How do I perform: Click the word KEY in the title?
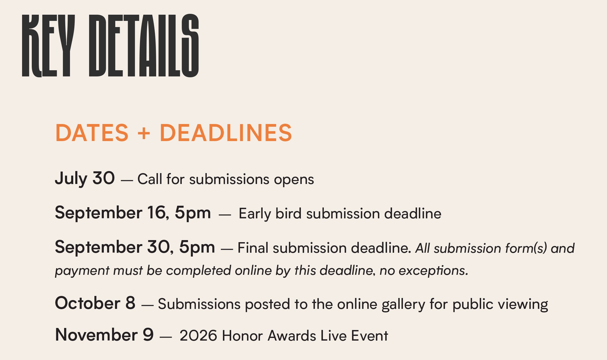[48, 46]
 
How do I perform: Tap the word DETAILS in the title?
[144, 46]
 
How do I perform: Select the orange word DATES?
[92, 133]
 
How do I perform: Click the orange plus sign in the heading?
[144, 133]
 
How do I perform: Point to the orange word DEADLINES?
[226, 133]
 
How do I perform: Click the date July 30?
[85, 179]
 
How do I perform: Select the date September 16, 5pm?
[133, 213]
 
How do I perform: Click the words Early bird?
[270, 213]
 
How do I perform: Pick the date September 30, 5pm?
[135, 247]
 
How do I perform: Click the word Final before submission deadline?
[253, 248]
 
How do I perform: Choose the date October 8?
[95, 303]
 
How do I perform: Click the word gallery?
[403, 304]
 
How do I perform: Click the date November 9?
[104, 335]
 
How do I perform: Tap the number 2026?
[199, 336]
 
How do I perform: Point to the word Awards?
[292, 336]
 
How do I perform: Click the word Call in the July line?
[150, 179]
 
